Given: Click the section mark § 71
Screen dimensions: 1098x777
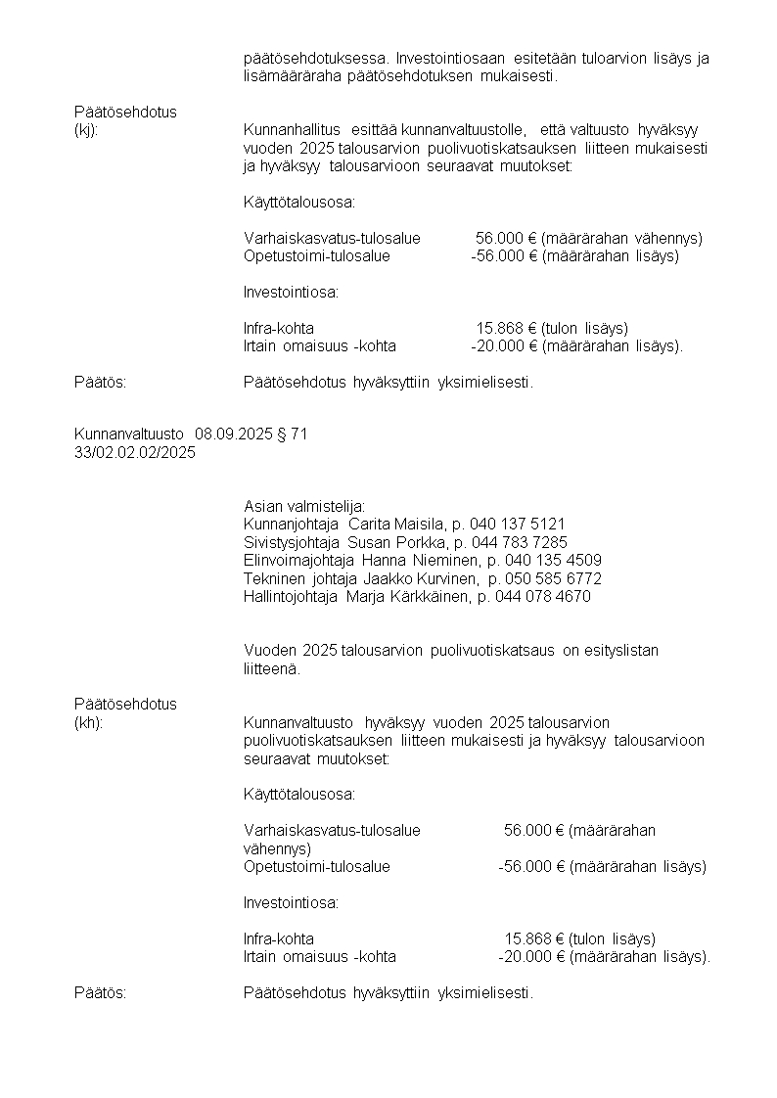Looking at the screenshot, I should [x=292, y=434].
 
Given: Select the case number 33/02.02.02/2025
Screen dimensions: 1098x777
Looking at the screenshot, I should [x=135, y=452].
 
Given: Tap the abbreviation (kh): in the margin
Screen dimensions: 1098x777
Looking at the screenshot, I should [x=88, y=722].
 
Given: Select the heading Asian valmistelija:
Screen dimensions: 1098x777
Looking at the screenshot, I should [x=303, y=506].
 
